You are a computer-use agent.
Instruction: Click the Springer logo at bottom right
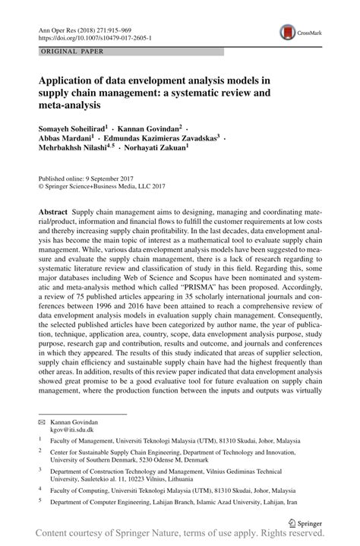pos(304,522)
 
